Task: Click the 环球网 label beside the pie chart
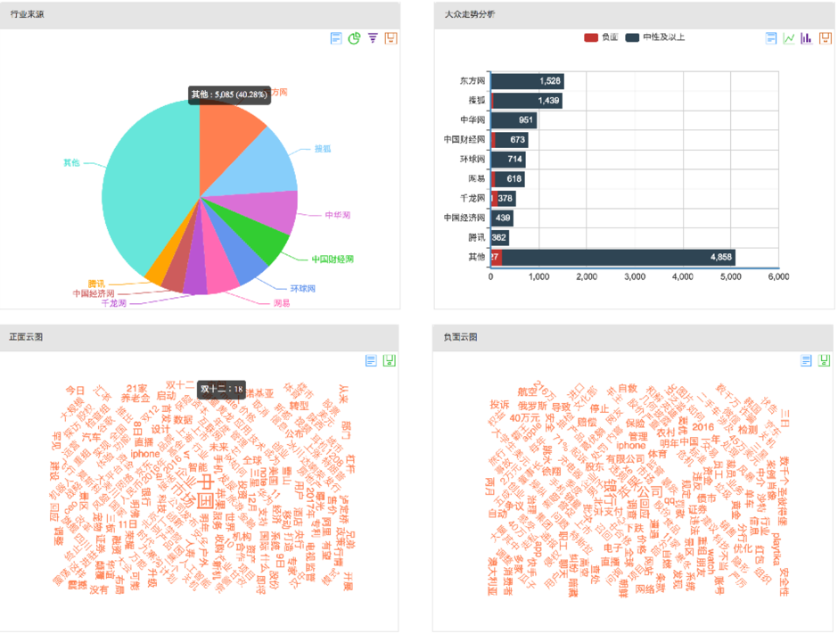coord(302,289)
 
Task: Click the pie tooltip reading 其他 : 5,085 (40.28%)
coord(229,95)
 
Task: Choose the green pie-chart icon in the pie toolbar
coord(354,38)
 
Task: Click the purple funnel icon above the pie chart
coord(373,38)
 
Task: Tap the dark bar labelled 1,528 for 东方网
coord(528,81)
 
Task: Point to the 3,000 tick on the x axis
coord(635,277)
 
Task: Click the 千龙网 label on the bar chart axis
coord(472,198)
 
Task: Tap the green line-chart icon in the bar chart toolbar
coord(789,38)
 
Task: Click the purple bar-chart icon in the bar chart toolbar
coord(807,38)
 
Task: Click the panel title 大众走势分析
coord(470,14)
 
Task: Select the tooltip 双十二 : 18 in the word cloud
coord(222,389)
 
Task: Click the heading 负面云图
coord(460,337)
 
